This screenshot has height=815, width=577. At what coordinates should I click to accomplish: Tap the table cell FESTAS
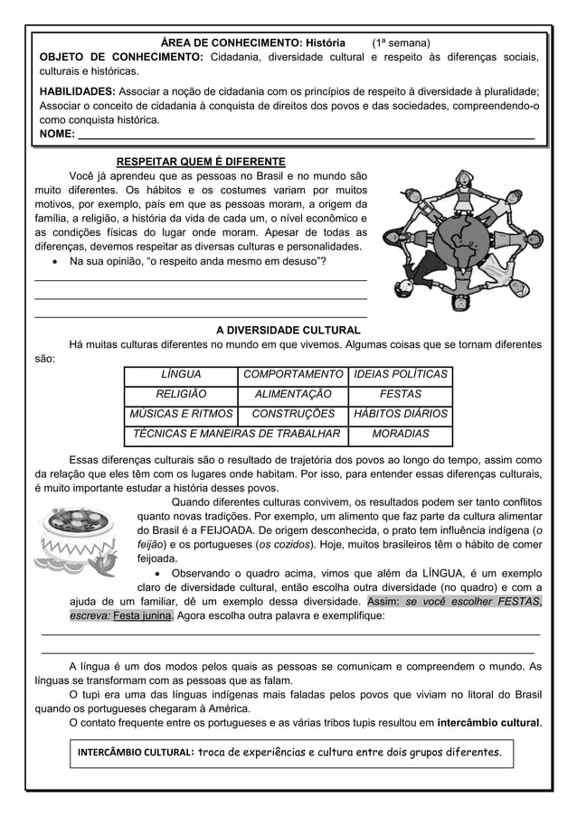click(400, 394)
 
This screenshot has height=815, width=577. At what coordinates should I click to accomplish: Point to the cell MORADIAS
click(400, 434)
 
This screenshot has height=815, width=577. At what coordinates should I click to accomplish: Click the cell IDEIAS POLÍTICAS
click(400, 374)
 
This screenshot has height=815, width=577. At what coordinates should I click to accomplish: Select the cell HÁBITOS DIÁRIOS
click(400, 414)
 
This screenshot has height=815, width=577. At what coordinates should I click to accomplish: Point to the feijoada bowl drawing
click(80, 539)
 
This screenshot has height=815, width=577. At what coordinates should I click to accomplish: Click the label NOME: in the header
click(52, 136)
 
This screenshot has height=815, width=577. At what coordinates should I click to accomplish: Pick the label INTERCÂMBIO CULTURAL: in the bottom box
click(136, 752)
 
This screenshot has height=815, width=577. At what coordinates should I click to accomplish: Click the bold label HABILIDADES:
click(76, 91)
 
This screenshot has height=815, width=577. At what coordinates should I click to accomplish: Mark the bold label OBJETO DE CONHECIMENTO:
click(119, 59)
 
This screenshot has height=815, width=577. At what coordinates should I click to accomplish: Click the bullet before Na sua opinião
click(58, 262)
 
